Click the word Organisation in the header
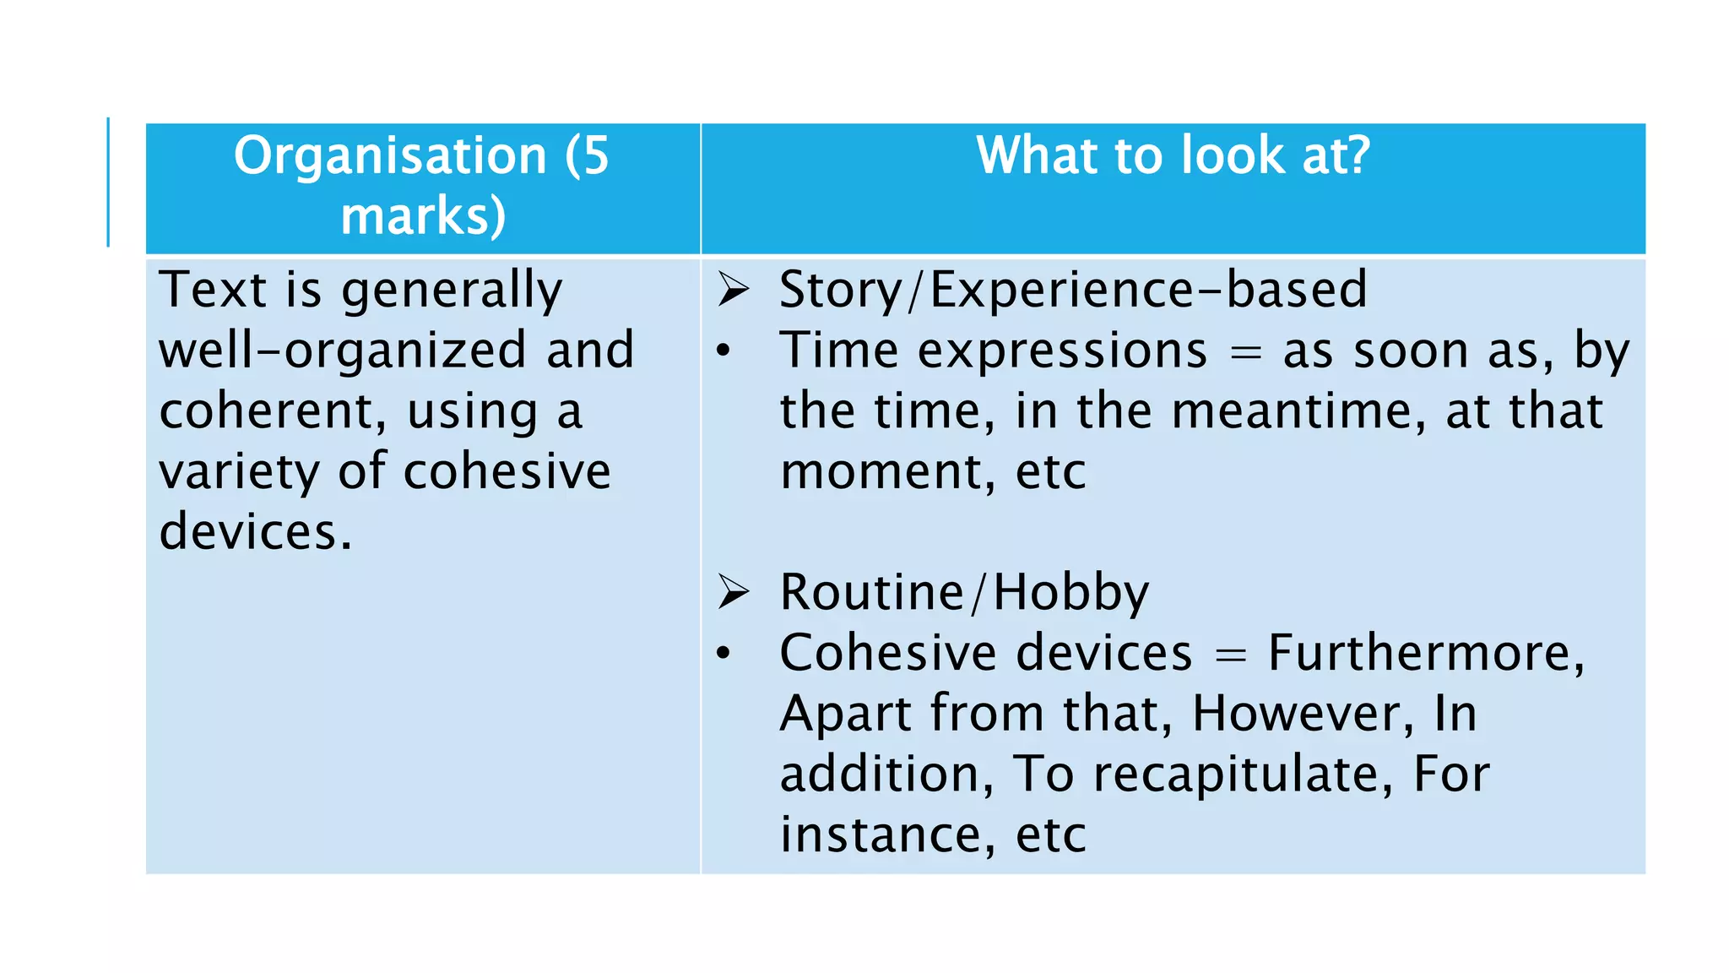pyautogui.click(x=390, y=156)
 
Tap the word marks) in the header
pyautogui.click(x=423, y=216)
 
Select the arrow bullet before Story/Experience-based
pyautogui.click(x=734, y=290)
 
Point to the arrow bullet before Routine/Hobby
pyautogui.click(x=734, y=591)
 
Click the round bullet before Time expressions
pyautogui.click(x=724, y=351)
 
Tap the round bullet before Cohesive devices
pyautogui.click(x=724, y=653)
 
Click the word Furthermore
pyautogui.click(x=1426, y=653)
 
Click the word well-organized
pyautogui.click(x=343, y=351)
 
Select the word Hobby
pyautogui.click(x=1070, y=592)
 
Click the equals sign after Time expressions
pyautogui.click(x=1245, y=352)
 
